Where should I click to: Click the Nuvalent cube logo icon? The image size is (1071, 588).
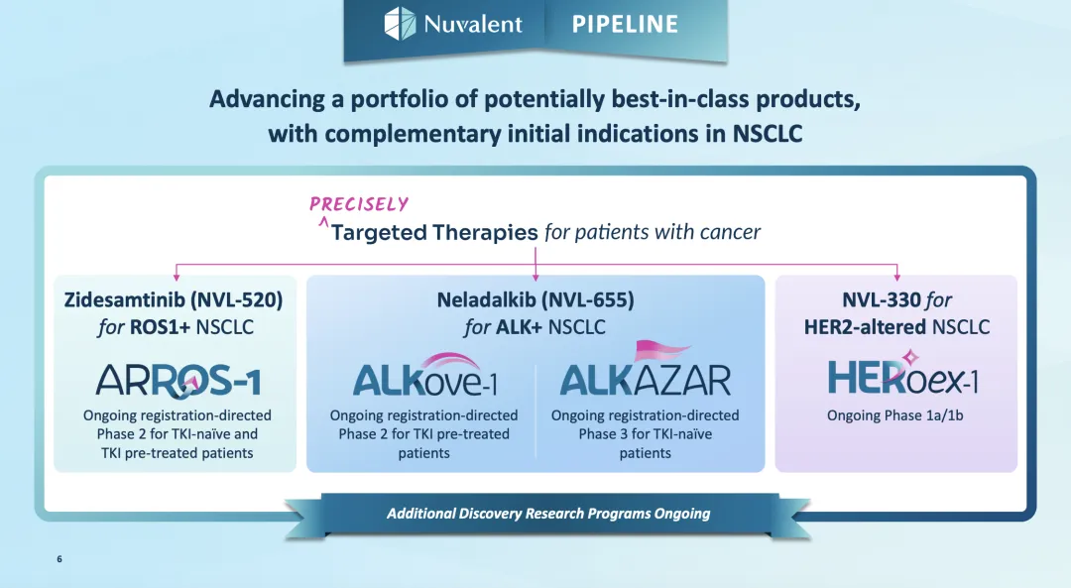pos(400,23)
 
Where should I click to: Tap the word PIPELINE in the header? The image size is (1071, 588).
pos(625,25)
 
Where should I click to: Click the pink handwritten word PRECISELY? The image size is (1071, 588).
pos(359,203)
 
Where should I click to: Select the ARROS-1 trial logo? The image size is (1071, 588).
pos(178,381)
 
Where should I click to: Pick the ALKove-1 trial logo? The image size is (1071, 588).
pos(424,375)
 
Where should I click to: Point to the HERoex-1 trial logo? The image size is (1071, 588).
pos(903,376)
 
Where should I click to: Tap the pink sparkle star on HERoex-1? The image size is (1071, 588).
pos(909,357)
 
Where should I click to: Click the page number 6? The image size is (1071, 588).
pos(59,558)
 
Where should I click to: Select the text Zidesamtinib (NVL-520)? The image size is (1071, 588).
pos(174,299)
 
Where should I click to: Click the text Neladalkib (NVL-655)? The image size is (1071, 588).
pos(535,299)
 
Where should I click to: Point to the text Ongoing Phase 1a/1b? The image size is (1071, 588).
pos(894,415)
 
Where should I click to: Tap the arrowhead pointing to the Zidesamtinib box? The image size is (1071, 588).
pos(177,278)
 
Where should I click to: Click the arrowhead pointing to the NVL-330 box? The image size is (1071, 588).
pos(896,278)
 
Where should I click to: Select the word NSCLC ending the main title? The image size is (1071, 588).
pos(767,133)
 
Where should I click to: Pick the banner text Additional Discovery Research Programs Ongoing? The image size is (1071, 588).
pos(548,514)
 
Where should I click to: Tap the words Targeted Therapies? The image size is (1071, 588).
pos(434,233)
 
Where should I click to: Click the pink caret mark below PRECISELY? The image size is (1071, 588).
pos(323,221)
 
